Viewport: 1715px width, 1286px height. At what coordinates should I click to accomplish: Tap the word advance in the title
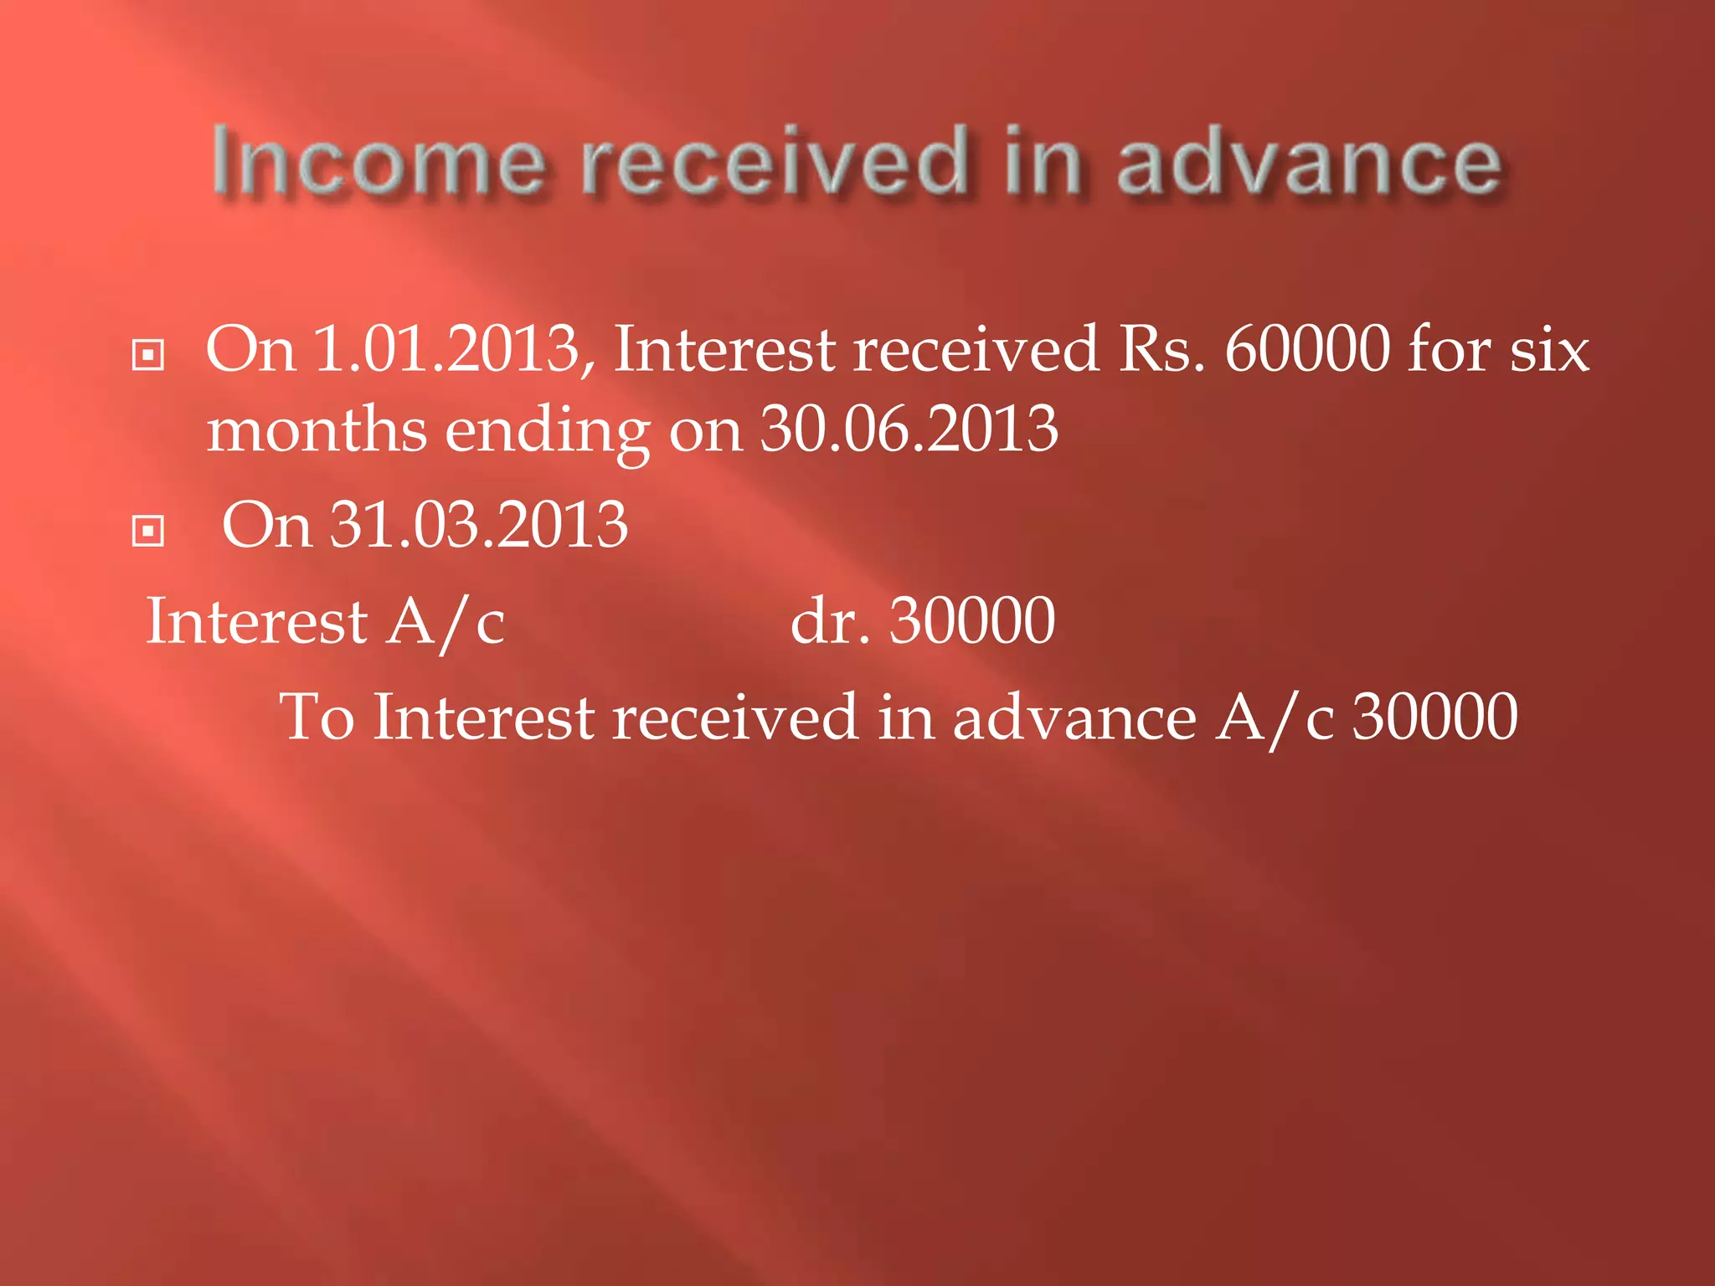[1309, 162]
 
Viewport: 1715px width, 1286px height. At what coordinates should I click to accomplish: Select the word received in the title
[775, 162]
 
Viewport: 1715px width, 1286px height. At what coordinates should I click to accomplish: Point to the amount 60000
[1307, 349]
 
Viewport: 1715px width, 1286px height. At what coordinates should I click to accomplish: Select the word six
[1549, 349]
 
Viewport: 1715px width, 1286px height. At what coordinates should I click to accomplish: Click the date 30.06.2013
[909, 430]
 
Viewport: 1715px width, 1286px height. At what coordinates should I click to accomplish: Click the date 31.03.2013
[478, 525]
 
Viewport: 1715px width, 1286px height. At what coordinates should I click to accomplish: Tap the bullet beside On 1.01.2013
[148, 355]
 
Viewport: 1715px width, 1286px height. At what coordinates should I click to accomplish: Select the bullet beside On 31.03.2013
[148, 531]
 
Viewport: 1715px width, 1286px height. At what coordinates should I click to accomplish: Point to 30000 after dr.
[971, 621]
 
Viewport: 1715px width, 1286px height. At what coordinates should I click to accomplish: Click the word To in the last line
[317, 718]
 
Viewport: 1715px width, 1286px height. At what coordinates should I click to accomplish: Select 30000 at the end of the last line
[1434, 718]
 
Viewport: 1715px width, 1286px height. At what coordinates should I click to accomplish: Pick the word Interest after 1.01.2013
[724, 349]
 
